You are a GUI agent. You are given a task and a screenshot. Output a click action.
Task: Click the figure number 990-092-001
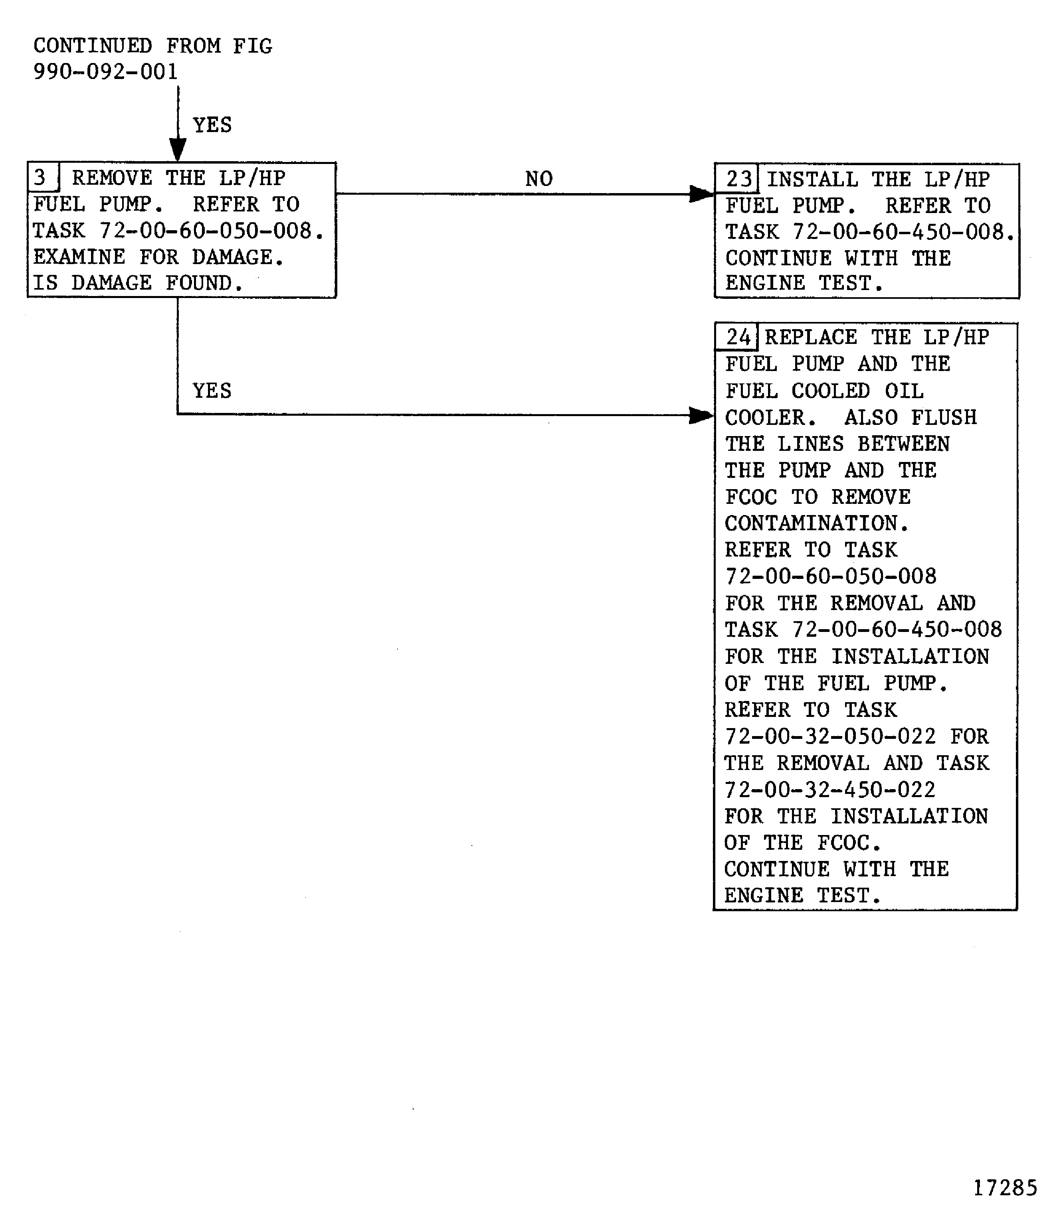coord(106,72)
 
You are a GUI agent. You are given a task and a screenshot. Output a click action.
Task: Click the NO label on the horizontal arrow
coord(538,178)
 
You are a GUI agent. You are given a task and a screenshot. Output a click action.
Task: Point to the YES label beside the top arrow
coord(212,125)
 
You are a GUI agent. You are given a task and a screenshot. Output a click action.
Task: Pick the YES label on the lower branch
coord(212,391)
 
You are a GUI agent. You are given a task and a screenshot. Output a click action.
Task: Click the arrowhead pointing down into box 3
coord(177,150)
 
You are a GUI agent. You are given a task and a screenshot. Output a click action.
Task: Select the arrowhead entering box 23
coord(701,194)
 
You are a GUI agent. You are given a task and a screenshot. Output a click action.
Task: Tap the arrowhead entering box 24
coord(701,415)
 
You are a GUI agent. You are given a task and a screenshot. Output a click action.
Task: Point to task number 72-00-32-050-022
coord(830,736)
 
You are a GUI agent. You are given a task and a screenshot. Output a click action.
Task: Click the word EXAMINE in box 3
coord(79,257)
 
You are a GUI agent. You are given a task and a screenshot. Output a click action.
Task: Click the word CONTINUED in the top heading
coord(93,45)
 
